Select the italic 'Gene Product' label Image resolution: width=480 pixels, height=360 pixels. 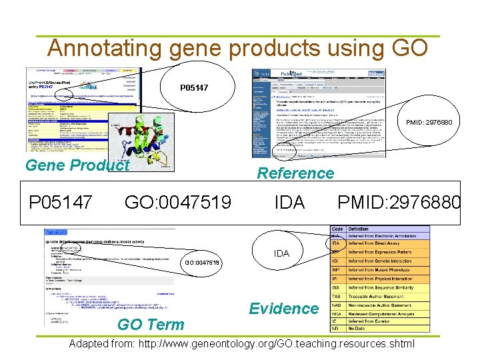[77, 165]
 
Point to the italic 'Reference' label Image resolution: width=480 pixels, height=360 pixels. [295, 173]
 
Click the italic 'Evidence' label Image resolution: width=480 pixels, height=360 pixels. [283, 308]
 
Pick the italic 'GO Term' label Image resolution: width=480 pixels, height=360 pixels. [151, 325]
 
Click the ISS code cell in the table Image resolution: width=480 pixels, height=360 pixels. [337, 287]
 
